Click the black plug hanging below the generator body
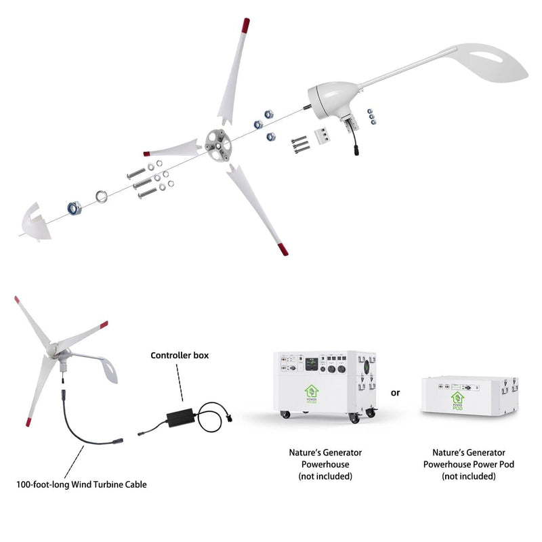tap(354, 149)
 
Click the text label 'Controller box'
tap(180, 355)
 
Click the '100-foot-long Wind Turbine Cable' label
tap(81, 484)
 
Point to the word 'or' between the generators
tap(396, 393)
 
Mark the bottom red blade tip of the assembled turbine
tap(30, 425)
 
